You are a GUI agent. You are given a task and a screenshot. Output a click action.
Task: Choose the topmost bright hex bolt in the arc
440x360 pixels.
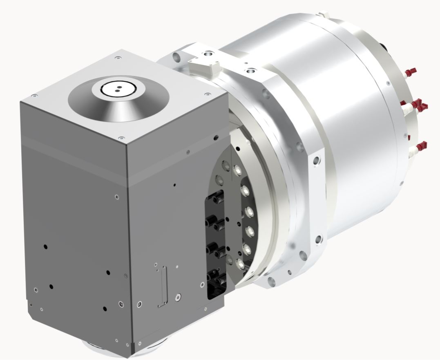[237, 168]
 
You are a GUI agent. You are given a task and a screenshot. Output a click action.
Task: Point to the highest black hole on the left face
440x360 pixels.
[45, 247]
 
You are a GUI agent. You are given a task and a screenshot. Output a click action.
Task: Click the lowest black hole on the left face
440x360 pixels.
[105, 308]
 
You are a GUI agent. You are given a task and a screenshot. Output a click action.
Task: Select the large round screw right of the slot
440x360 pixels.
[177, 297]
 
